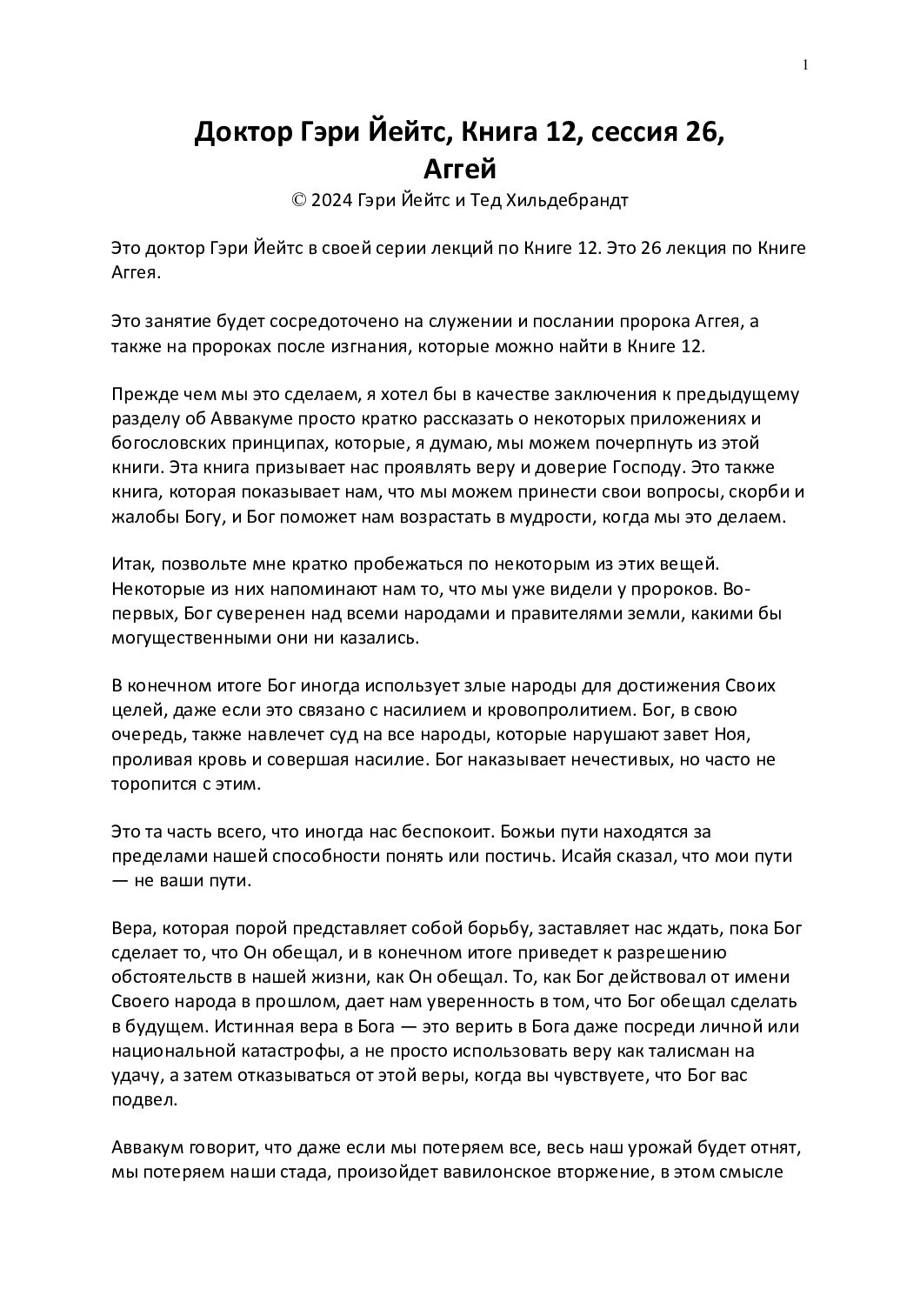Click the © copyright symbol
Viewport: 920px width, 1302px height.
click(298, 201)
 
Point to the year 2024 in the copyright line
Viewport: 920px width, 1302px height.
click(330, 201)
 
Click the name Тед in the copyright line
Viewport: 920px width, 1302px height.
click(470, 201)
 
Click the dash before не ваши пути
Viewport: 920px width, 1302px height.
click(121, 880)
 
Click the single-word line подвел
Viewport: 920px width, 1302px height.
click(144, 1098)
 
